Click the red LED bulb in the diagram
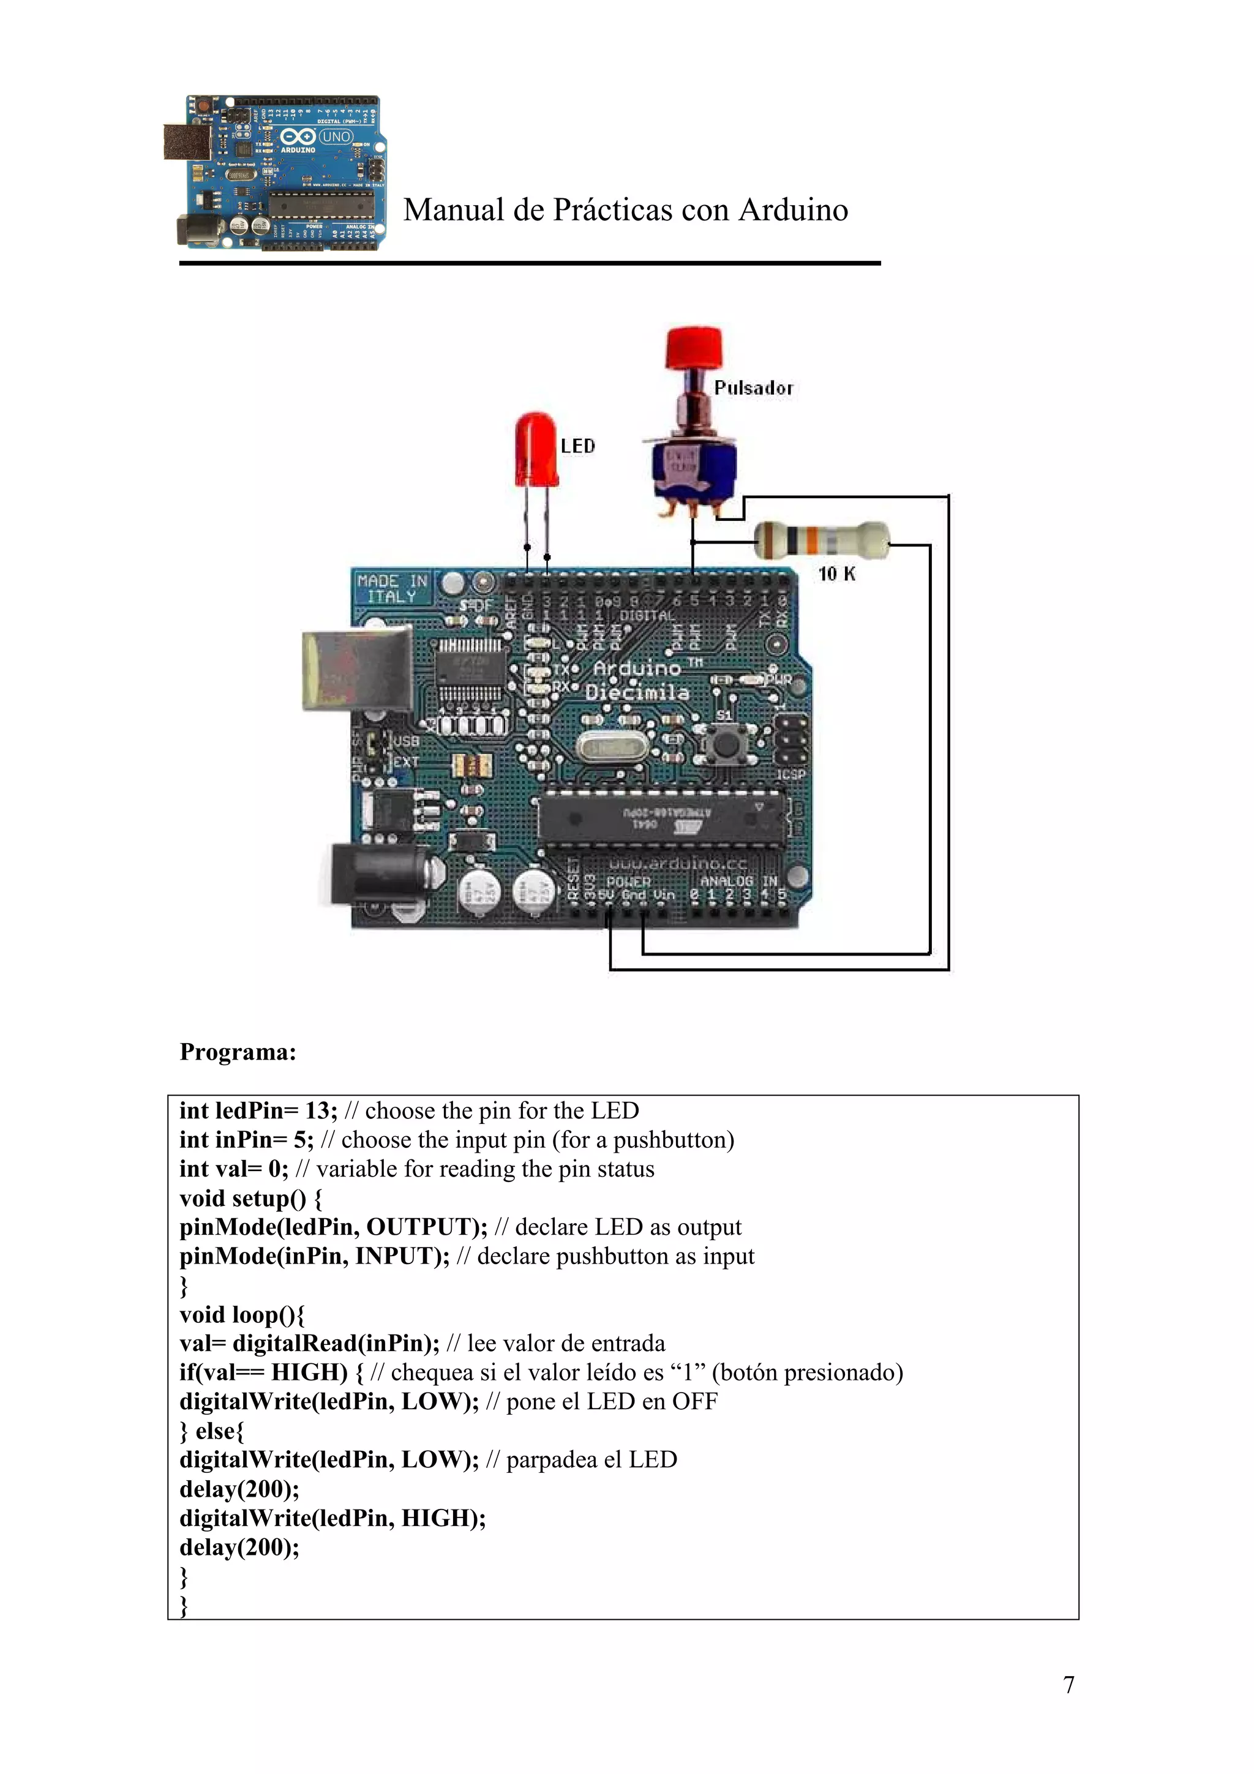(x=536, y=450)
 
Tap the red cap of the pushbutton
(x=693, y=348)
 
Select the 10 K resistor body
(x=821, y=539)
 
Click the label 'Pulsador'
(x=753, y=389)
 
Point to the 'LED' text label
(x=578, y=447)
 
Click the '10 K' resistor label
(x=837, y=574)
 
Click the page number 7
(x=1068, y=1685)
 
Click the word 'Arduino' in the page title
(x=794, y=210)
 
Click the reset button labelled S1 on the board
(x=726, y=743)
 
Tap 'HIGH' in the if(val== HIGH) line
(x=309, y=1373)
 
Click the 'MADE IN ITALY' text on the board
(x=392, y=589)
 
